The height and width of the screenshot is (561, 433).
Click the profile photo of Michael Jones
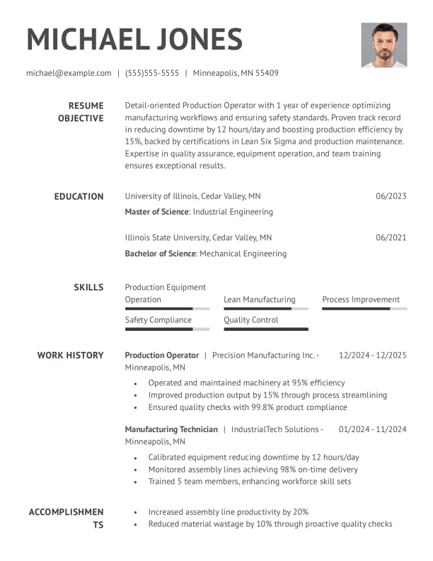pyautogui.click(x=383, y=45)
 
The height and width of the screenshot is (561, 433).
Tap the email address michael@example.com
pyautogui.click(x=69, y=73)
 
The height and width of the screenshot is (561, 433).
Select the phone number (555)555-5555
pyautogui.click(x=152, y=73)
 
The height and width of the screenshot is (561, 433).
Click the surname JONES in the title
pyautogui.click(x=191, y=39)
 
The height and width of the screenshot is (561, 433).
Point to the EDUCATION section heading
pyautogui.click(x=79, y=196)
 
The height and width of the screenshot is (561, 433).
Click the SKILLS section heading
pyautogui.click(x=88, y=287)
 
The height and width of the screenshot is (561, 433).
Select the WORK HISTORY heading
pyautogui.click(x=70, y=355)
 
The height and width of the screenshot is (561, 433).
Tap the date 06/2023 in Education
pyautogui.click(x=391, y=196)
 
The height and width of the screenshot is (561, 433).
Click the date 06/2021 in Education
pyautogui.click(x=391, y=238)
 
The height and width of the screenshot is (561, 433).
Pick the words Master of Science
pyautogui.click(x=156, y=212)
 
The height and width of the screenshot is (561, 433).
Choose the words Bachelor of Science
pyautogui.click(x=160, y=254)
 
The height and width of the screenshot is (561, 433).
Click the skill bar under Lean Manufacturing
pyautogui.click(x=265, y=309)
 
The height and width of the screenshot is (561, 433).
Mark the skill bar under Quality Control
pyautogui.click(x=265, y=329)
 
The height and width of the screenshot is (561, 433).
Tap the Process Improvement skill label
pyautogui.click(x=361, y=300)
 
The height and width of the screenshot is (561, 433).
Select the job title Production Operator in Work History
pyautogui.click(x=161, y=355)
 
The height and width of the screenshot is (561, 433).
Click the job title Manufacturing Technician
pyautogui.click(x=171, y=429)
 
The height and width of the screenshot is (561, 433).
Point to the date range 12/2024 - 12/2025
pyautogui.click(x=373, y=355)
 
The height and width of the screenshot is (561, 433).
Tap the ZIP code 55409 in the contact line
pyautogui.click(x=266, y=73)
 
